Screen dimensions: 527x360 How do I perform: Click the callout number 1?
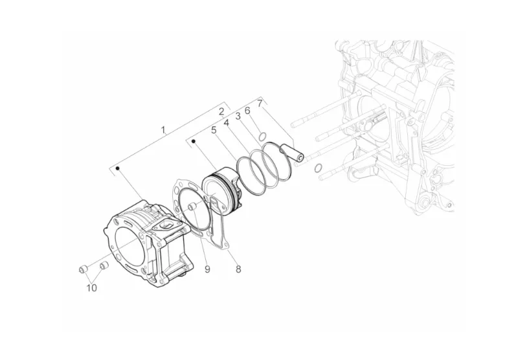pyautogui.click(x=163, y=129)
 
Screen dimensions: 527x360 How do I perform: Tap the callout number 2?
pyautogui.click(x=221, y=111)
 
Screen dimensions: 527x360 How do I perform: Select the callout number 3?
pyautogui.click(x=238, y=117)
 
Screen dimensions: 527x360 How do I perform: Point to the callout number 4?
pyautogui.click(x=227, y=122)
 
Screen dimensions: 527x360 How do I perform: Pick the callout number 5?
pyautogui.click(x=214, y=130)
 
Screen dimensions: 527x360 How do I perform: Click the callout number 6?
pyautogui.click(x=247, y=111)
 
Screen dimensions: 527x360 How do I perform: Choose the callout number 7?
pyautogui.click(x=260, y=103)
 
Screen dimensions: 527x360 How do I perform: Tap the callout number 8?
pyautogui.click(x=238, y=269)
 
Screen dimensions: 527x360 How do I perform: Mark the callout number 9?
pyautogui.click(x=207, y=269)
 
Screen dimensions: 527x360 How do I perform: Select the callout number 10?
pyautogui.click(x=92, y=287)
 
